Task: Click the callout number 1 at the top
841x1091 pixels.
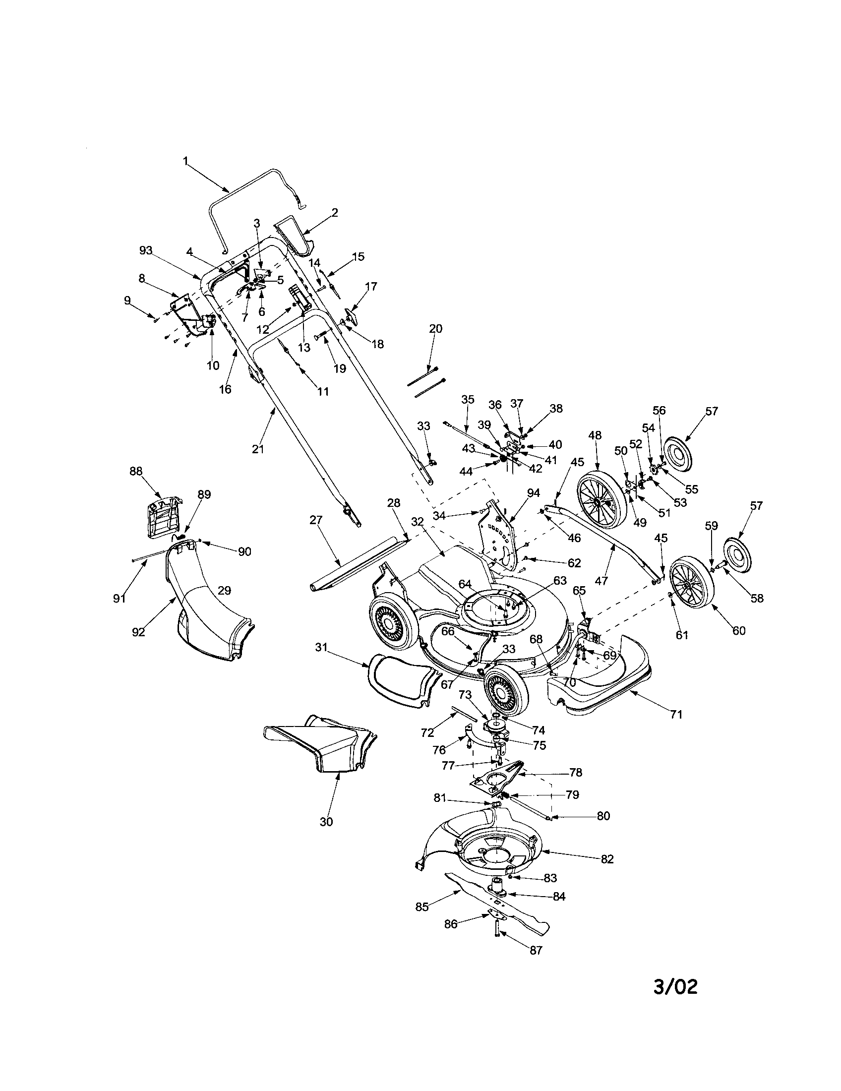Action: coord(185,161)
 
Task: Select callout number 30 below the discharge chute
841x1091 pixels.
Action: coord(326,821)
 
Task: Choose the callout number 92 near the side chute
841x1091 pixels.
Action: coord(138,632)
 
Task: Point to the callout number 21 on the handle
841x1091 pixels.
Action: coord(257,449)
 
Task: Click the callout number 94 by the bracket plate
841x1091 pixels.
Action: coord(534,493)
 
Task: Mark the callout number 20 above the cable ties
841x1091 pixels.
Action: coord(435,329)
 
